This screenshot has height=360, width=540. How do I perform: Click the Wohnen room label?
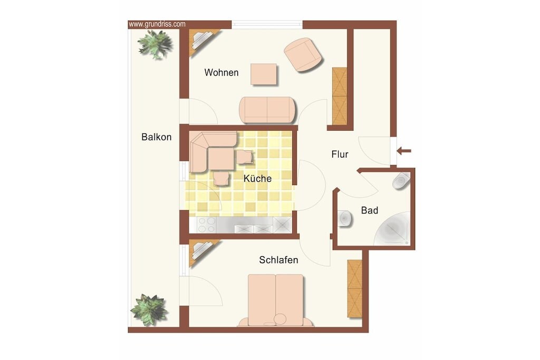pos(221,73)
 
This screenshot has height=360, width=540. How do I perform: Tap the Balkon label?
pos(156,137)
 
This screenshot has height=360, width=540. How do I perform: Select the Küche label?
pos(257,178)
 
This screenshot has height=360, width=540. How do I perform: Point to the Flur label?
pos(340,154)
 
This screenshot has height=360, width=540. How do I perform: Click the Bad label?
pos(370,210)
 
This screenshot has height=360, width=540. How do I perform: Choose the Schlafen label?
pos(278,260)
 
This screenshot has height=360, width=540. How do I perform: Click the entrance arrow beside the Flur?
pos(403,151)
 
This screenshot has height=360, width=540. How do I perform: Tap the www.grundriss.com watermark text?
pos(157,24)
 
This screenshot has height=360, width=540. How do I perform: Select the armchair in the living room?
pos(303,55)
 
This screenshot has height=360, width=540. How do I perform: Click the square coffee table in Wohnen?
pos(264,74)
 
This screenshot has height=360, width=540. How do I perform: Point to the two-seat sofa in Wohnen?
pos(267,110)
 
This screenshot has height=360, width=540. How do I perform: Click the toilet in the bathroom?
pos(401,181)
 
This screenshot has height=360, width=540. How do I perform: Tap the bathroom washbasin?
pos(345,218)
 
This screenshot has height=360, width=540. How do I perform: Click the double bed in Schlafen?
pos(275,300)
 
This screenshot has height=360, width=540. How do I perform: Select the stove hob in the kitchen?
pos(207,225)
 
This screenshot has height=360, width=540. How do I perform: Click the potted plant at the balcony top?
pos(155,44)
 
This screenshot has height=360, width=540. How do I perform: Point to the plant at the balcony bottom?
pos(149,309)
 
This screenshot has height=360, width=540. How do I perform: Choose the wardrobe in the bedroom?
pos(355,288)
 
